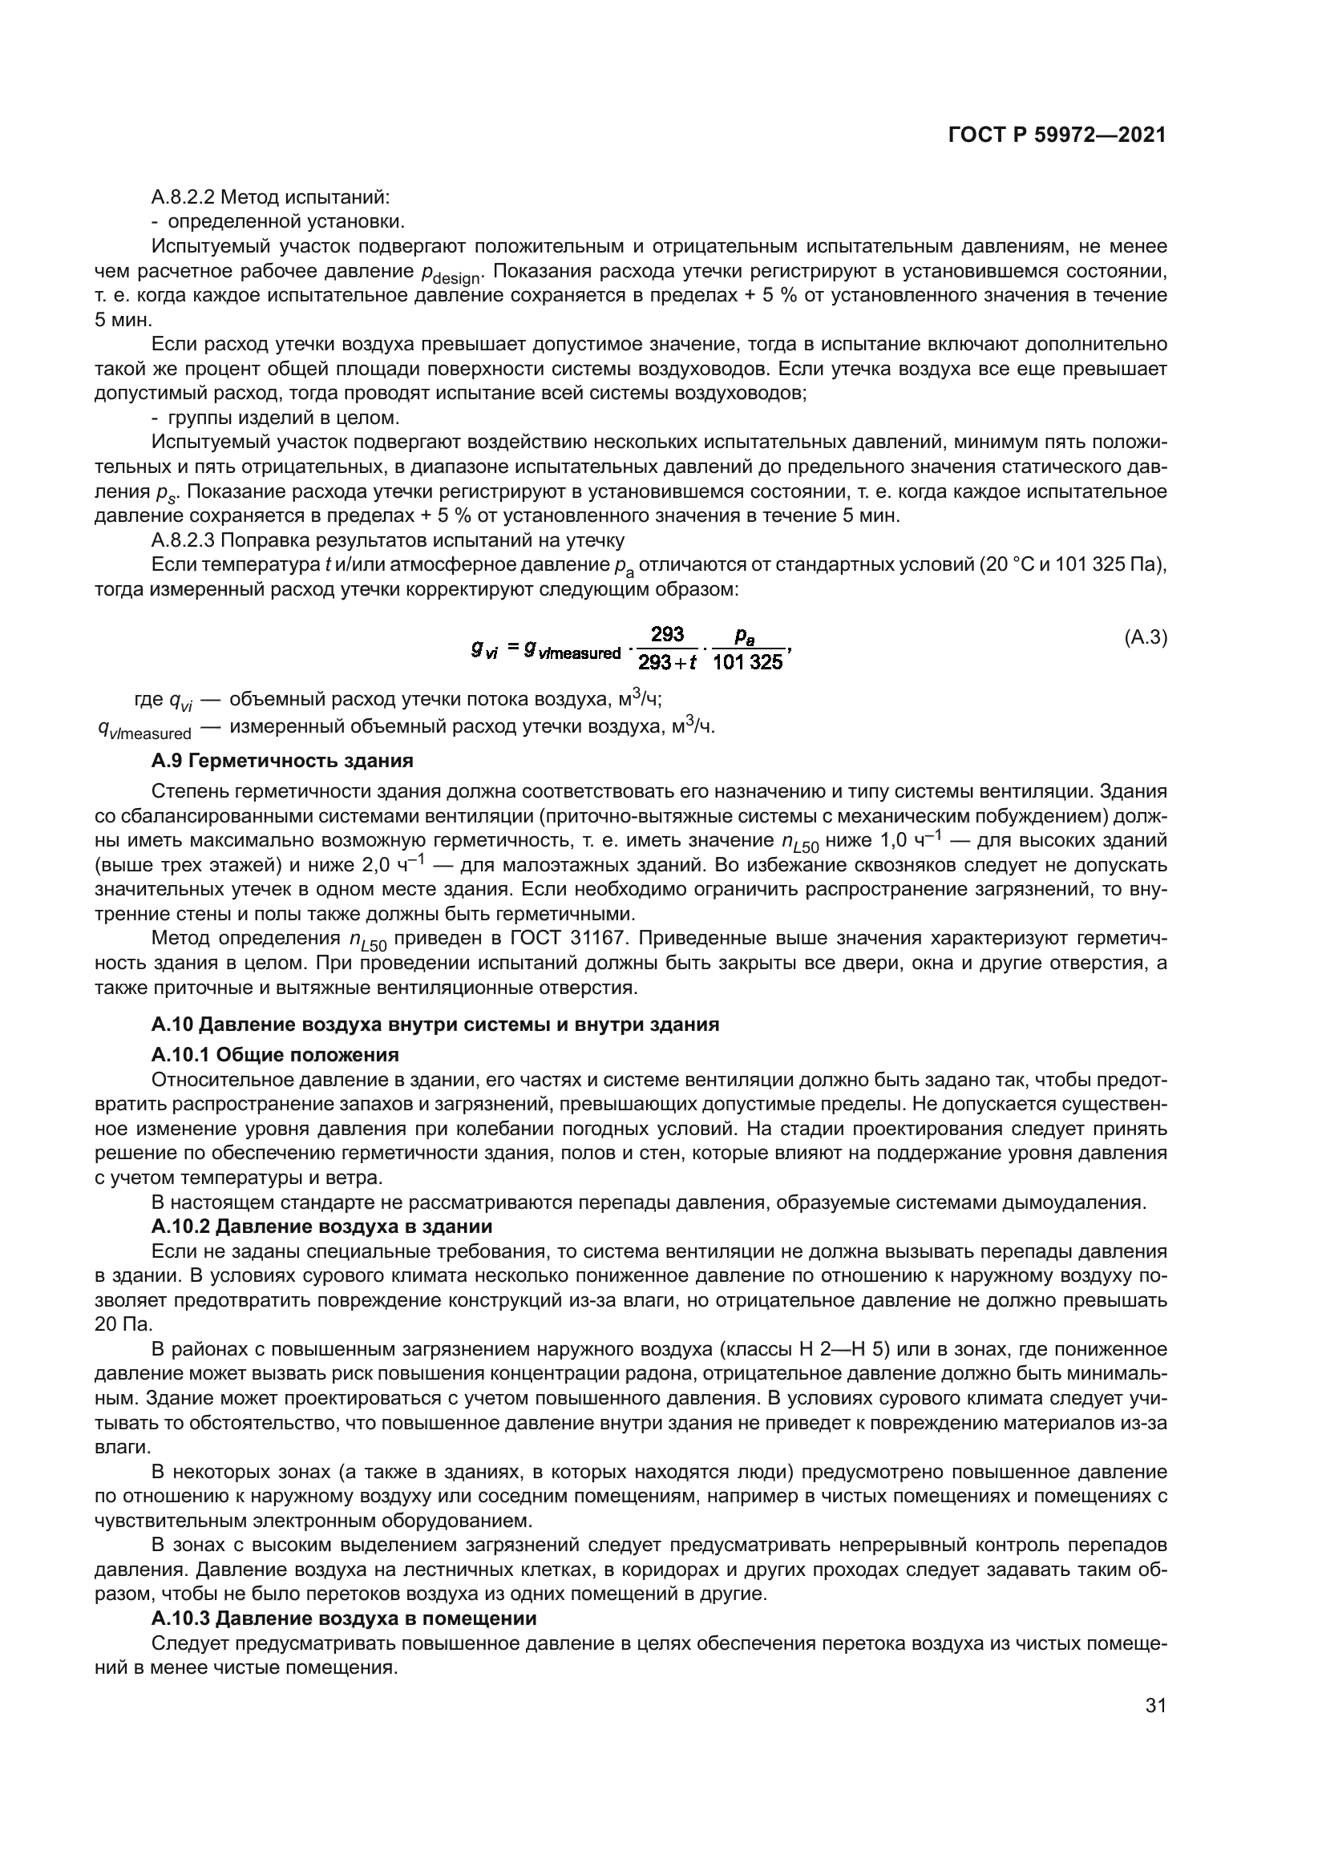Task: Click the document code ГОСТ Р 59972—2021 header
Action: click(1057, 135)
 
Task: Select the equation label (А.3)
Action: click(1146, 638)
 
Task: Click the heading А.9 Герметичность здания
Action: click(281, 760)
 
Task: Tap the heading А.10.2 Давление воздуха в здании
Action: click(321, 1226)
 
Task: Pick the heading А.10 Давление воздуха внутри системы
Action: click(435, 1024)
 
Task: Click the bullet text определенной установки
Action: click(285, 221)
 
